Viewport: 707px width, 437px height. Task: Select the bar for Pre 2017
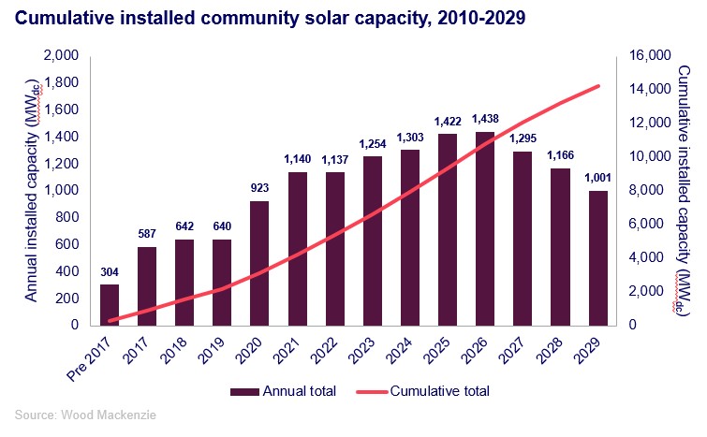[110, 305]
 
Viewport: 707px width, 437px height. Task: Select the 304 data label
[110, 272]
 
